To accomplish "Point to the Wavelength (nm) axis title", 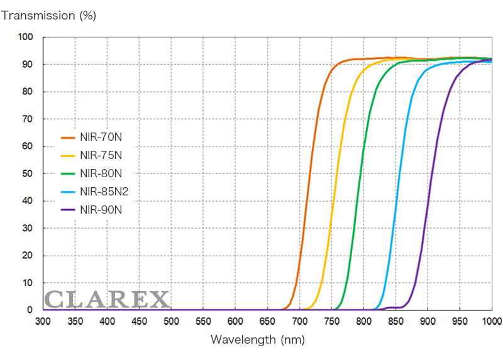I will click(x=257, y=340).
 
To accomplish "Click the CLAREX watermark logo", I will click(x=107, y=299).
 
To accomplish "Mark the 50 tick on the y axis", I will click(x=28, y=173).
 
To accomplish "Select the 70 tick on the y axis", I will click(x=28, y=119).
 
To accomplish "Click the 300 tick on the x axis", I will click(x=43, y=322).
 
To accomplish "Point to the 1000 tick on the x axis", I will click(x=491, y=322).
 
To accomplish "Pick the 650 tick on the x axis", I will click(x=267, y=322).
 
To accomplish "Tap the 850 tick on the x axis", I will click(x=395, y=322).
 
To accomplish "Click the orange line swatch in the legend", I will click(x=68, y=136).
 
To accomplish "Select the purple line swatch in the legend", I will click(x=68, y=210).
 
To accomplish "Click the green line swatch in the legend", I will click(x=68, y=173).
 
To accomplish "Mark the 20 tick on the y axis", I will click(x=28, y=255).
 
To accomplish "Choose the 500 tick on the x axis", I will click(x=171, y=322).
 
